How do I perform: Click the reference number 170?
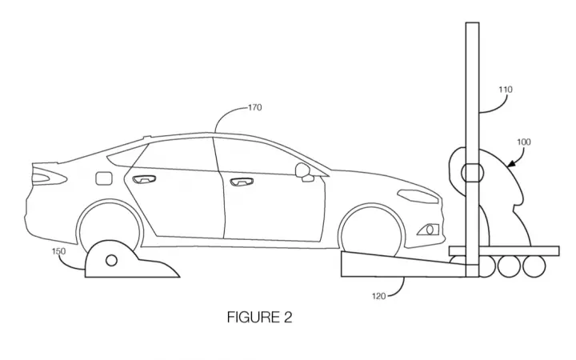coord(255,108)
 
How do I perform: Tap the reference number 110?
coord(506,90)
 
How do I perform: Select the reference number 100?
coord(524,142)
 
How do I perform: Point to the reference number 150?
coord(58,251)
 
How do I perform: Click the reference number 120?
coord(378,296)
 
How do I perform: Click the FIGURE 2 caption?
coord(259,317)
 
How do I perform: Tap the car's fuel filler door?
coord(103,178)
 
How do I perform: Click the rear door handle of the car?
coord(144,179)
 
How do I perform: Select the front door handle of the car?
coord(242,182)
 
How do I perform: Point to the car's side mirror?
coord(304,172)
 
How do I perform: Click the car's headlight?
coord(418,196)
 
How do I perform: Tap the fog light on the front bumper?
coord(428,230)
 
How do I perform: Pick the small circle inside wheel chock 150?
coord(111,261)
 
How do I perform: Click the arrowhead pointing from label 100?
coord(511,163)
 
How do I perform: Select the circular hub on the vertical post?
coord(473,173)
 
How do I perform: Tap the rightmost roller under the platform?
coord(534,266)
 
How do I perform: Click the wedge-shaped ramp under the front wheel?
coord(404,264)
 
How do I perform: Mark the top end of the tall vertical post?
coord(473,22)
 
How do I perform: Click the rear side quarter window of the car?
coord(126,155)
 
